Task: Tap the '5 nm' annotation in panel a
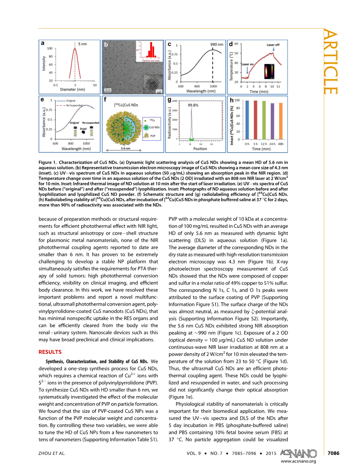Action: point(82,44)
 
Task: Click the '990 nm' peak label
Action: point(217,44)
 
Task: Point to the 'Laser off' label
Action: point(273,45)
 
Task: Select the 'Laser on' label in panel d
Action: point(247,64)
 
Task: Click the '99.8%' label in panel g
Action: point(193,105)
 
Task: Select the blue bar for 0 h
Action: point(247,120)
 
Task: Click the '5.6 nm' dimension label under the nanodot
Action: point(125,148)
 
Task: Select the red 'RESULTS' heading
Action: point(50,352)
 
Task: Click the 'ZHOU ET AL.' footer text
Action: point(52,453)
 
